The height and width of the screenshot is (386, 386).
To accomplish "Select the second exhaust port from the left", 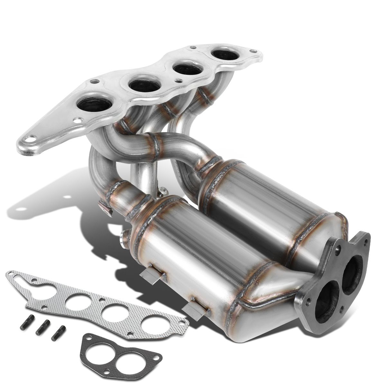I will tap(143, 85).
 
